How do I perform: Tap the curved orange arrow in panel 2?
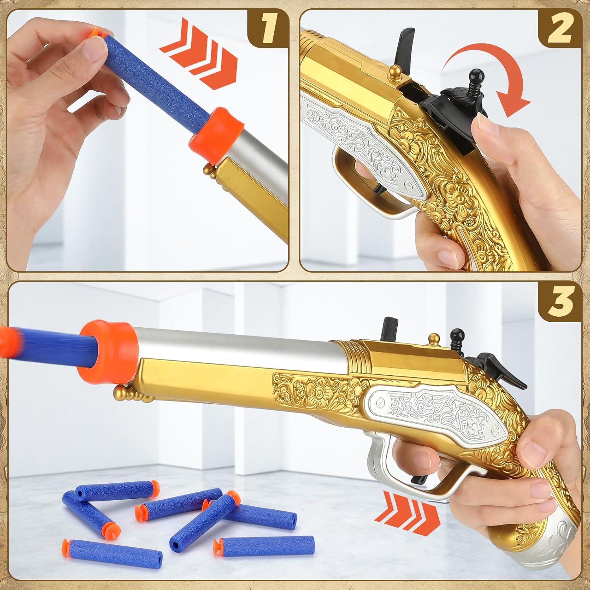tap(488, 75)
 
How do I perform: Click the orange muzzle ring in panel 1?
tap(208, 134)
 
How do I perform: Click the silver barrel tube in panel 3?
tap(236, 338)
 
